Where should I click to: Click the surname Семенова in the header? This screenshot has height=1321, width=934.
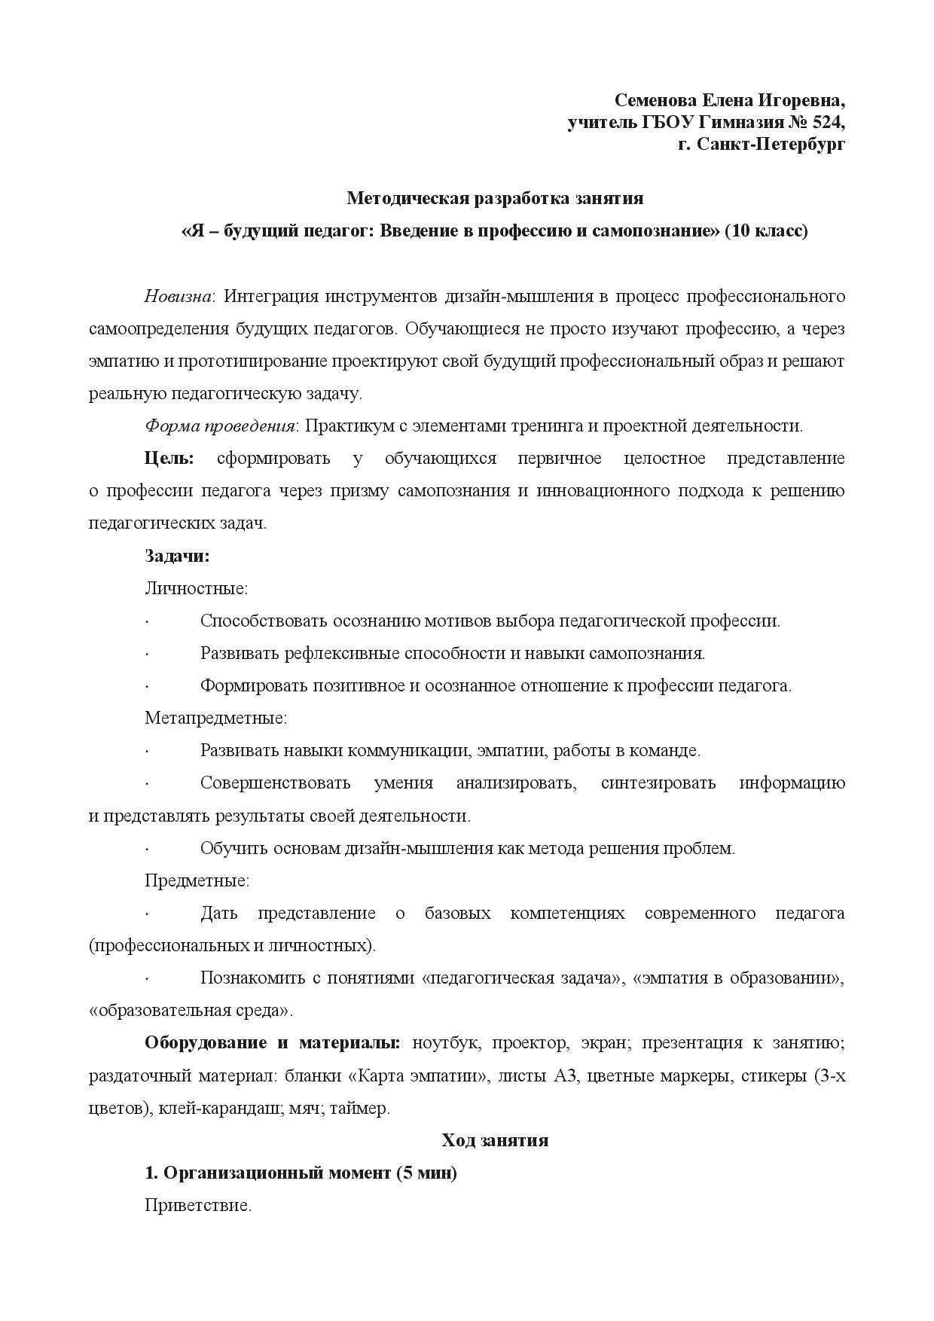pos(656,101)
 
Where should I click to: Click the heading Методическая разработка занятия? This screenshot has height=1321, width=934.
pos(495,199)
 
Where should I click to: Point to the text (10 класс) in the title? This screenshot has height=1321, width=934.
pos(766,231)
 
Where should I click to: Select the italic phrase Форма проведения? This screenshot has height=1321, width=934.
pos(219,426)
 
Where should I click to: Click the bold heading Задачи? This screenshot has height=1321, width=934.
pos(177,557)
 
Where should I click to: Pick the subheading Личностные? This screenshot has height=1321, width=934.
pos(196,589)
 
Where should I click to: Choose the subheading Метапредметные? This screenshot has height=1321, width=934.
pos(215,718)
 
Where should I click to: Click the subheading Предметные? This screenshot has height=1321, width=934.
pos(197,880)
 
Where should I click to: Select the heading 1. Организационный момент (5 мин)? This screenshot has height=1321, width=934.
pos(301,1173)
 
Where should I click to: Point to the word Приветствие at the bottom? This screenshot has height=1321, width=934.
pos(197,1206)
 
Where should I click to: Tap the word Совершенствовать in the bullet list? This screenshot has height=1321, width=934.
pos(275,783)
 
